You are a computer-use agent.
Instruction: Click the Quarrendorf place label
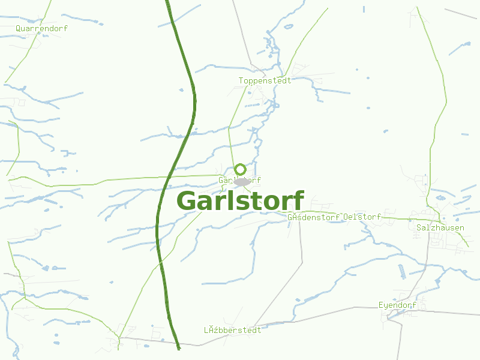point(42,28)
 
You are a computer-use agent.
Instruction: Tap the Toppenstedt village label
point(265,80)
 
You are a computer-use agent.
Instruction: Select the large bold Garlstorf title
point(241,201)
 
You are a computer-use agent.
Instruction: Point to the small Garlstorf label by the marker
point(239,180)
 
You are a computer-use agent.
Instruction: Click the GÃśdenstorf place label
point(314,217)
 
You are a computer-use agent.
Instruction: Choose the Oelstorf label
point(362,217)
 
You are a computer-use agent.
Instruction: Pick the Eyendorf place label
point(398,305)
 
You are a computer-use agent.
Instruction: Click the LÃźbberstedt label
point(233,330)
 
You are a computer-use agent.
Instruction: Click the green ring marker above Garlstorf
point(241,169)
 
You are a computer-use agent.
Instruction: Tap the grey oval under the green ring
point(242,181)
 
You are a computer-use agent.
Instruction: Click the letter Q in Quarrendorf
point(19,28)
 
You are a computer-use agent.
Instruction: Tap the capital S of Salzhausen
point(419,228)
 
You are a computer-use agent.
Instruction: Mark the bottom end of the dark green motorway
point(178,346)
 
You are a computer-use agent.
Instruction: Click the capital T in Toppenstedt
point(241,80)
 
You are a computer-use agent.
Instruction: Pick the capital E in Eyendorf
point(381,305)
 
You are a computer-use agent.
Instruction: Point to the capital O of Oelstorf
point(346,217)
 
